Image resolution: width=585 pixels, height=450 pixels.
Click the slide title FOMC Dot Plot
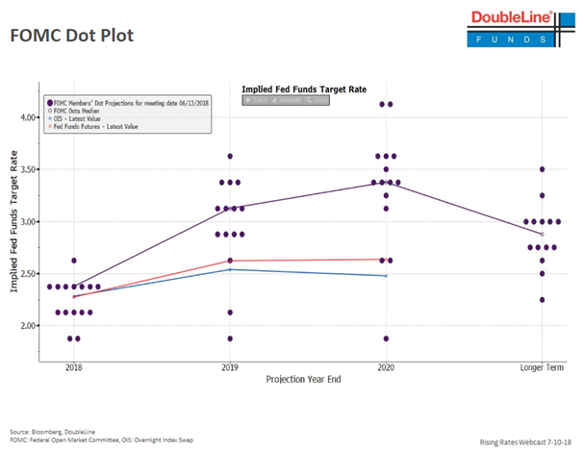pos(71,35)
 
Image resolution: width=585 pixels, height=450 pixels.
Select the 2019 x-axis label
pos(230,368)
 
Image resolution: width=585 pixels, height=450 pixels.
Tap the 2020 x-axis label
pos(386,368)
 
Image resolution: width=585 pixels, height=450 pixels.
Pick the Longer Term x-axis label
pos(541,368)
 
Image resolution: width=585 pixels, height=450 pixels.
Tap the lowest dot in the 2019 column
pos(230,338)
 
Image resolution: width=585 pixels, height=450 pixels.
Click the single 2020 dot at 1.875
pos(386,338)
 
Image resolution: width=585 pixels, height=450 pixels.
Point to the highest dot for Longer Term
pos(542,169)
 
